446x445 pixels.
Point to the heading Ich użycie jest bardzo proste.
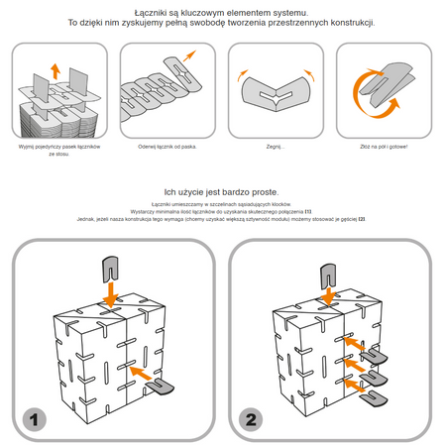coord(222,191)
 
